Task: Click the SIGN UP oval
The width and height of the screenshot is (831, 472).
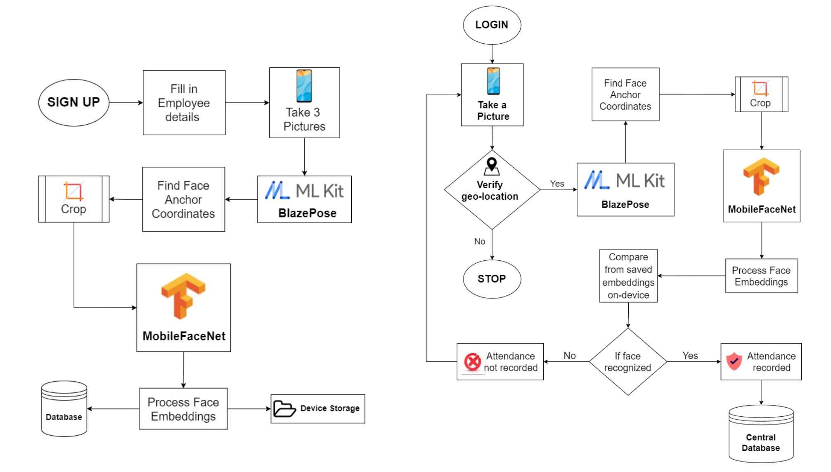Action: pyautogui.click(x=74, y=103)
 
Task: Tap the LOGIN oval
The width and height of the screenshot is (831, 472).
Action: pyautogui.click(x=492, y=25)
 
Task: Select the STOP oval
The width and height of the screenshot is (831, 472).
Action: pyautogui.click(x=492, y=279)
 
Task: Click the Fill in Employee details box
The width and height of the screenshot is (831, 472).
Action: pyautogui.click(x=184, y=103)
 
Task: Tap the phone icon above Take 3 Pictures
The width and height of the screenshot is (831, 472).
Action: pyautogui.click(x=304, y=86)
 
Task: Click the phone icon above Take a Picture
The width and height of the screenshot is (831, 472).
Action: pyautogui.click(x=493, y=81)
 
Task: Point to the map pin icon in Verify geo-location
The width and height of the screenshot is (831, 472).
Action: pyautogui.click(x=492, y=166)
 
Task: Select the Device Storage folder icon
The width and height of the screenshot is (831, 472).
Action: pyautogui.click(x=284, y=408)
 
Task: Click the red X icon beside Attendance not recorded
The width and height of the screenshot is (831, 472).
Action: pyautogui.click(x=472, y=362)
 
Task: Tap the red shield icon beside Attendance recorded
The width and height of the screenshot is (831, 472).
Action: pyautogui.click(x=734, y=361)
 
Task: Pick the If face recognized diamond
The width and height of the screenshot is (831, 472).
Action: pyautogui.click(x=627, y=362)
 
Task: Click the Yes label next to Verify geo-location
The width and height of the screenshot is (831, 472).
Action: pyautogui.click(x=557, y=184)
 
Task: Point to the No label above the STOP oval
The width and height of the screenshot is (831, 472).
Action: pyautogui.click(x=479, y=241)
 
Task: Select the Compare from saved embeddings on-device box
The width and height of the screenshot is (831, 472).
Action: pyautogui.click(x=628, y=276)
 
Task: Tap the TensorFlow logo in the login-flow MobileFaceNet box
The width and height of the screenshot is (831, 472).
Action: pyautogui.click(x=761, y=176)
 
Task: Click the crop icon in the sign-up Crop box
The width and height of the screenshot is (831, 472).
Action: pyautogui.click(x=74, y=191)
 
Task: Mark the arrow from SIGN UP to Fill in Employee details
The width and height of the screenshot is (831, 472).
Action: pyautogui.click(x=126, y=103)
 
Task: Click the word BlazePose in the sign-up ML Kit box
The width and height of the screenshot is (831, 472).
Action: pyautogui.click(x=307, y=213)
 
